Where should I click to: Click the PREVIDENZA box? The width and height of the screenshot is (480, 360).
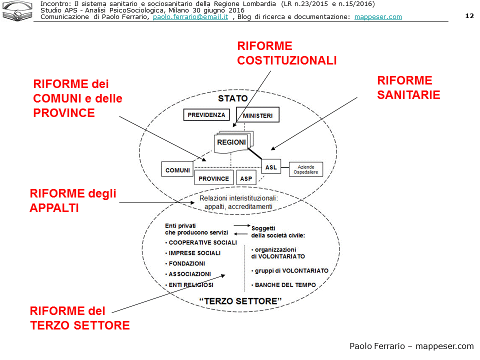click(x=206, y=115)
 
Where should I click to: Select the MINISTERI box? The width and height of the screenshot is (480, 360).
click(x=257, y=115)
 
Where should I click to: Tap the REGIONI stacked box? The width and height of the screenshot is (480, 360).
click(x=231, y=142)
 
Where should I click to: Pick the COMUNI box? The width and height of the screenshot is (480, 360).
click(x=177, y=170)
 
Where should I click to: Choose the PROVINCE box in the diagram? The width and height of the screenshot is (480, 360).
click(x=214, y=178)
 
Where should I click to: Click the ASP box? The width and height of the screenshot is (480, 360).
click(x=246, y=178)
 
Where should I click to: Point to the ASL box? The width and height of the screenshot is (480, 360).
click(x=271, y=167)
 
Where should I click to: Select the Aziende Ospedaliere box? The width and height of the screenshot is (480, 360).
click(x=306, y=169)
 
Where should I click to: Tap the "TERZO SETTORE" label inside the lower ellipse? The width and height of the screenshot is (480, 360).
click(x=240, y=301)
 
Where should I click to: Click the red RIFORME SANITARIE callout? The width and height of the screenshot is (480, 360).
click(x=408, y=88)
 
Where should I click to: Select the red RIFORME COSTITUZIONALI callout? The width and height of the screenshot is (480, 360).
click(x=286, y=53)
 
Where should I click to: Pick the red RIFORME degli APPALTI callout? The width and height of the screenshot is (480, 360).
click(x=73, y=200)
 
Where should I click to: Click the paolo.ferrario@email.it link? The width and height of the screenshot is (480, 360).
click(x=190, y=16)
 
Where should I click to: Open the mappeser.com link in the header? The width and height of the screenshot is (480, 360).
click(x=378, y=16)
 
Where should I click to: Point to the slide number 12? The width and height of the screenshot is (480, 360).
click(x=469, y=15)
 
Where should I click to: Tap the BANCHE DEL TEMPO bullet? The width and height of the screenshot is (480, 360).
click(x=285, y=285)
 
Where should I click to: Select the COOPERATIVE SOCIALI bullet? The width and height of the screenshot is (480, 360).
click(x=202, y=242)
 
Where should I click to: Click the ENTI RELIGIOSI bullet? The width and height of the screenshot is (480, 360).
click(x=190, y=284)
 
